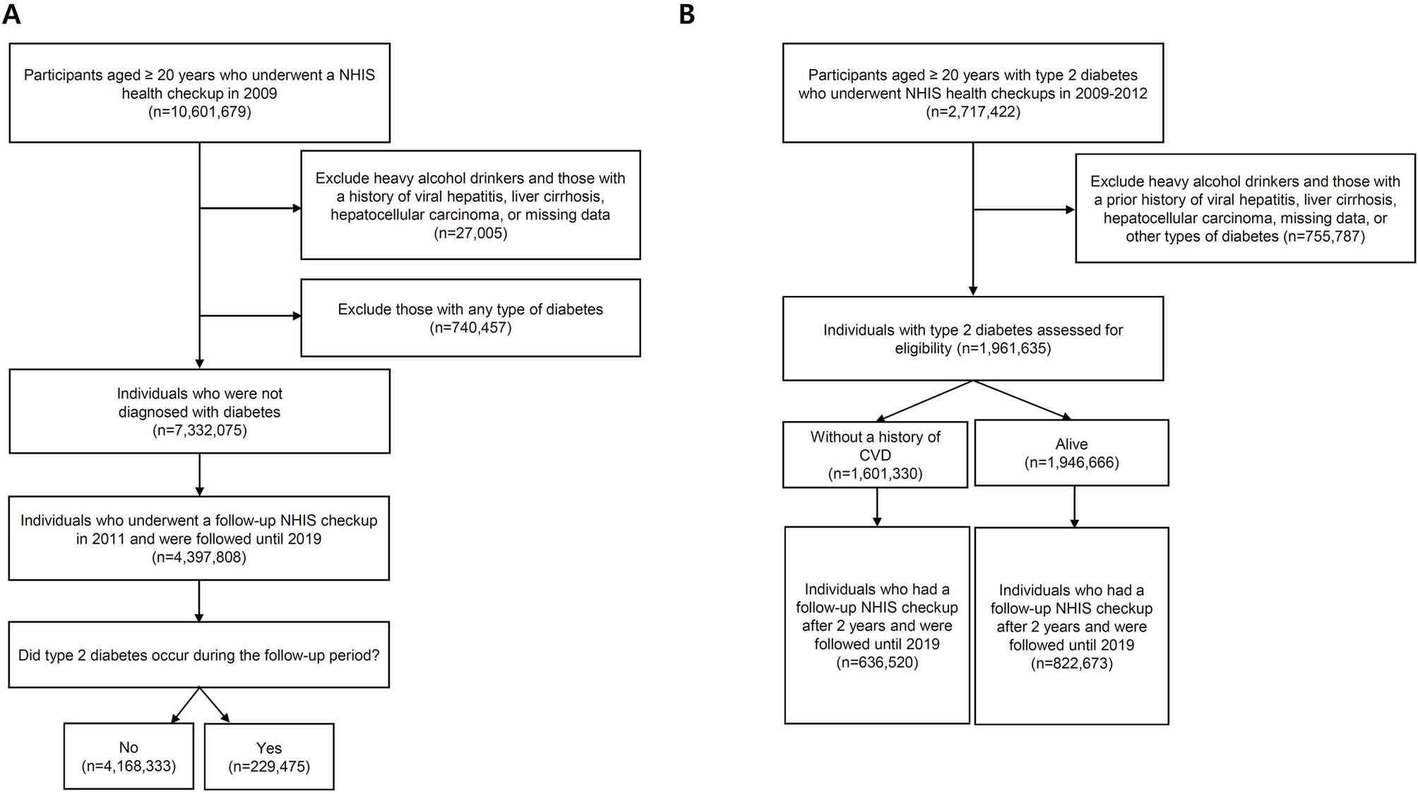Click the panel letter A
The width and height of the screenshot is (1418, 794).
click(11, 13)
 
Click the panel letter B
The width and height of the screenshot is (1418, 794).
click(687, 13)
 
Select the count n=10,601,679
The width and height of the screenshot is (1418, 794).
click(200, 112)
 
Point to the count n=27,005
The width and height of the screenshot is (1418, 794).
click(470, 233)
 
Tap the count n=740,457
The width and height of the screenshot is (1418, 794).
click(470, 327)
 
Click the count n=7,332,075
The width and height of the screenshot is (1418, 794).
click(200, 430)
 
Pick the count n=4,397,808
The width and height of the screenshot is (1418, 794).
click(199, 557)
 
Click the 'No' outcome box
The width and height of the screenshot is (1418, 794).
click(129, 756)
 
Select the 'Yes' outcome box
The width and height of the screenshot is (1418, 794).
click(269, 756)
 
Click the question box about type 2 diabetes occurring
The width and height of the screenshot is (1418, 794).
click(199, 655)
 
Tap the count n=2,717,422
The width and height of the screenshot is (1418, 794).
click(973, 112)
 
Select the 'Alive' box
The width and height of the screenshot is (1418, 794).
click(1071, 453)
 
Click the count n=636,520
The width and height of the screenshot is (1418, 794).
click(877, 663)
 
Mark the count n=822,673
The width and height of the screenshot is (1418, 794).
click(1071, 663)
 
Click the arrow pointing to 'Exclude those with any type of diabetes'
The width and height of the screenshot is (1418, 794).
click(251, 316)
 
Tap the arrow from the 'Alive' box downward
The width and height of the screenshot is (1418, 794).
click(1074, 506)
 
